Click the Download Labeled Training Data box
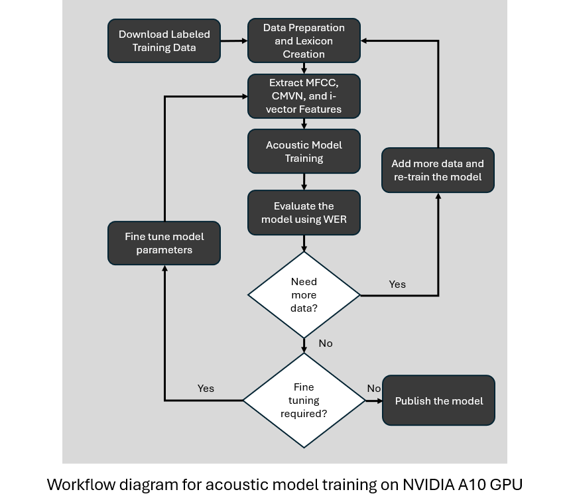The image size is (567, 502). click(164, 41)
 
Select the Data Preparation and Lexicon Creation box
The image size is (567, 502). click(304, 40)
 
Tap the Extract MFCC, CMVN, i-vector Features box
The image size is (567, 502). click(304, 96)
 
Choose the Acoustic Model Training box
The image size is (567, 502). click(304, 151)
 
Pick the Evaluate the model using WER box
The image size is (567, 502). click(304, 213)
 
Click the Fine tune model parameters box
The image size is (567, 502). click(164, 243)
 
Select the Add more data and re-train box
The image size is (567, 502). click(438, 170)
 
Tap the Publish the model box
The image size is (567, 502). click(438, 401)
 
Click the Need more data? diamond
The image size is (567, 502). click(304, 294)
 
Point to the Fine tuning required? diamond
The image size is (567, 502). click(304, 401)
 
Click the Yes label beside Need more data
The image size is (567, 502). click(397, 284)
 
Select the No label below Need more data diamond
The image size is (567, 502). click(326, 344)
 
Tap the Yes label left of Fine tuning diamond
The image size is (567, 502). click(206, 388)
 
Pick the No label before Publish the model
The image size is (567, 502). click(374, 389)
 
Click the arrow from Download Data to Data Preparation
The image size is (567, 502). click(233, 41)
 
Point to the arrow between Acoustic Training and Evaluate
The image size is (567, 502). click(304, 182)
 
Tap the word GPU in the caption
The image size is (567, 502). click(506, 485)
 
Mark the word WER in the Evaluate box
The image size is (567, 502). click(334, 220)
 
